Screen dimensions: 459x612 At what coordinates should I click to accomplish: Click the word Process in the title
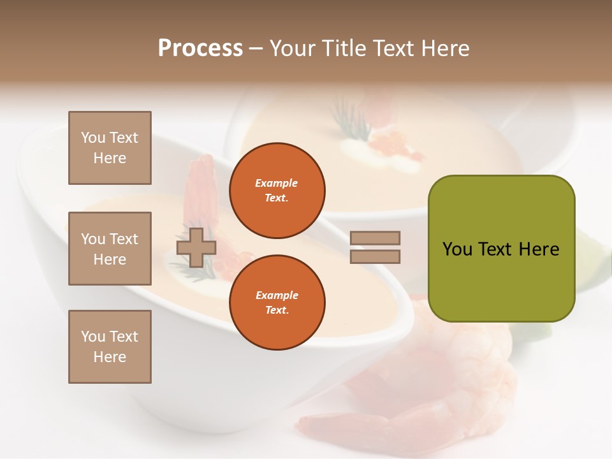[x=200, y=48]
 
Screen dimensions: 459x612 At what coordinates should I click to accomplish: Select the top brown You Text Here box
[x=110, y=148]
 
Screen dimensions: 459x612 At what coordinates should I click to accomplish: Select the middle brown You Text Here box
[x=110, y=249]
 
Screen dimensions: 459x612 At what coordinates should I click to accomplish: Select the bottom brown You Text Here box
[x=110, y=347]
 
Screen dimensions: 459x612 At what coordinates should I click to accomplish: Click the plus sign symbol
[x=196, y=247]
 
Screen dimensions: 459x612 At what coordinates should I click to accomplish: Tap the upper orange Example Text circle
[x=277, y=191]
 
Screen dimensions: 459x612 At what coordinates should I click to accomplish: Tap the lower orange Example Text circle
[x=277, y=303]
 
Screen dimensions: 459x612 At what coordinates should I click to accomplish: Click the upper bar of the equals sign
[x=375, y=238]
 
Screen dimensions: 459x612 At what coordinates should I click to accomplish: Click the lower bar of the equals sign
[x=375, y=257]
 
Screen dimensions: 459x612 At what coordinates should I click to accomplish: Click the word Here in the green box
[x=539, y=249]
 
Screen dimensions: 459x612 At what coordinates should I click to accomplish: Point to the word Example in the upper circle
[x=276, y=184]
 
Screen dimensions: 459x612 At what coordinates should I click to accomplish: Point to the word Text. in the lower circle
[x=277, y=310]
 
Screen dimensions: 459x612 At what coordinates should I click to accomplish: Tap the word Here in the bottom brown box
[x=110, y=358]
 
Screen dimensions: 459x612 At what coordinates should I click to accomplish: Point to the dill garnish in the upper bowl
[x=345, y=122]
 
